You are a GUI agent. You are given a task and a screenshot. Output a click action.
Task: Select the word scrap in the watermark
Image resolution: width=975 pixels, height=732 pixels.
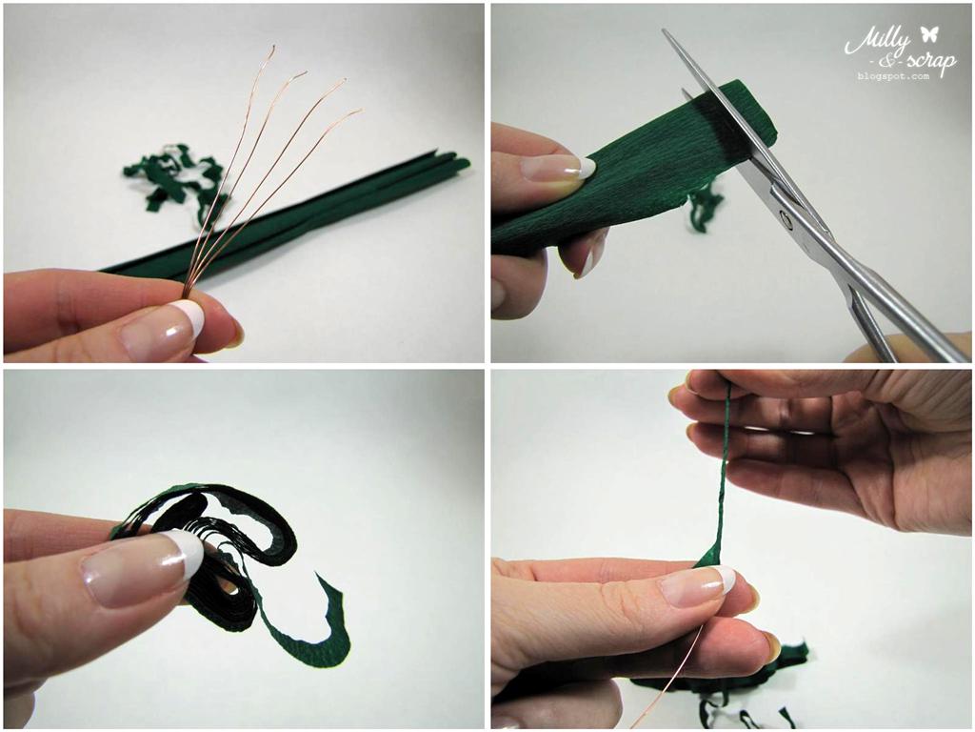(x=925, y=60)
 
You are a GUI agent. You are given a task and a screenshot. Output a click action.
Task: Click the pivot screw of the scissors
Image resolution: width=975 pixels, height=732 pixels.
(x=786, y=217)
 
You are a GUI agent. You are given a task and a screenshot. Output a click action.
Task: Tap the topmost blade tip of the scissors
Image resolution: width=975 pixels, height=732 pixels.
(x=664, y=31)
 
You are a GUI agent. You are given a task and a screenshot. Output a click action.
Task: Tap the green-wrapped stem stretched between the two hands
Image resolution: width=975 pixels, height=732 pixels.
(x=721, y=472)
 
